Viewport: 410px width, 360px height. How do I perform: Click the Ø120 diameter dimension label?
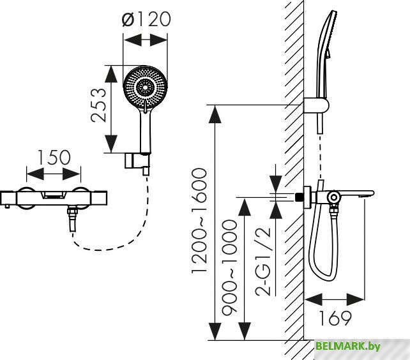click(146, 19)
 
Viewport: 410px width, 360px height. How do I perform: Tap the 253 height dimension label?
click(98, 105)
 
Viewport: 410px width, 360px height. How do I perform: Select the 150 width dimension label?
click(54, 158)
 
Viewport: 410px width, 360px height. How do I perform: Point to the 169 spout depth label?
click(335, 318)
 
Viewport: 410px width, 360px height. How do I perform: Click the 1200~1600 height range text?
click(199, 221)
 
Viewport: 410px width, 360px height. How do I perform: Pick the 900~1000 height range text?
click(229, 266)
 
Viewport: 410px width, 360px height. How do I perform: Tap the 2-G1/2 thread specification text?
click(262, 262)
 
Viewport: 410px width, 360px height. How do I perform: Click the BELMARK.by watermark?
click(348, 346)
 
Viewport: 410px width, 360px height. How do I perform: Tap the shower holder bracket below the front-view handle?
click(137, 162)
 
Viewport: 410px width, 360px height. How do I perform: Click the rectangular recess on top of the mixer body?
click(53, 195)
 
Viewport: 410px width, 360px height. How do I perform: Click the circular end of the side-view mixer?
click(334, 198)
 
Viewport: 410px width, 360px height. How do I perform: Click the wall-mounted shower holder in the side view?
click(315, 106)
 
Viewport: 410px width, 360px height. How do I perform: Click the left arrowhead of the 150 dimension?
click(35, 174)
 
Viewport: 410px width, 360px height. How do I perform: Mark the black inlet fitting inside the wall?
click(299, 197)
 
